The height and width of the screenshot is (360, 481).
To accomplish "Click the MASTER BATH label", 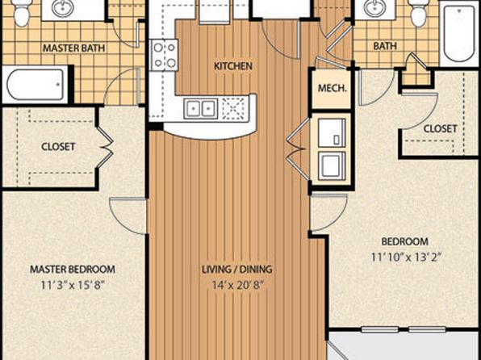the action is coord(74,48).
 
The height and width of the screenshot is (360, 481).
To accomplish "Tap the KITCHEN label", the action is coord(233,66).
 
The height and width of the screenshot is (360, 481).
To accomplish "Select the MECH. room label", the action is coord(333,89).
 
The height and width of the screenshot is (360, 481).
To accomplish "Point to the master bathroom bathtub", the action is coord(36,85).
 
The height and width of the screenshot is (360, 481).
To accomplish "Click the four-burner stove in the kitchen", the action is coord(165,55).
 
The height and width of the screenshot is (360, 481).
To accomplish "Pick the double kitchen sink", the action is coord(201,108).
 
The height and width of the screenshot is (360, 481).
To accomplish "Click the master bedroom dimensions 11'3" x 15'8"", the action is coord(73,286).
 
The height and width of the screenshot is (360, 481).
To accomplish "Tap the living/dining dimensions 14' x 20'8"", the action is coord(238,285).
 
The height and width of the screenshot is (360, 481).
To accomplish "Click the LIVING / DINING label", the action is coord(236,269).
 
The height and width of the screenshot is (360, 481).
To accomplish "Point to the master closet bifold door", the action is coord(105,148).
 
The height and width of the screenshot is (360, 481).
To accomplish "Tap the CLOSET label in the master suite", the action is coord(58,146).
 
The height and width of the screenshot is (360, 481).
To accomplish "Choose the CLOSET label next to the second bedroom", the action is coord(440,128).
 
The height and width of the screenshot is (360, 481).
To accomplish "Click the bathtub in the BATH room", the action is coord(459,33).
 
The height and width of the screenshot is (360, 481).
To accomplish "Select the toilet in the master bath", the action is coord(21,13).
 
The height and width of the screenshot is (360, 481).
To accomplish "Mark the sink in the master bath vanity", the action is coord(63,8).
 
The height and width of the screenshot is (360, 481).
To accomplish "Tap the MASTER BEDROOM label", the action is coord(73,269).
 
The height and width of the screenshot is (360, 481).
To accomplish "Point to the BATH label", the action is coord(385,46).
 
